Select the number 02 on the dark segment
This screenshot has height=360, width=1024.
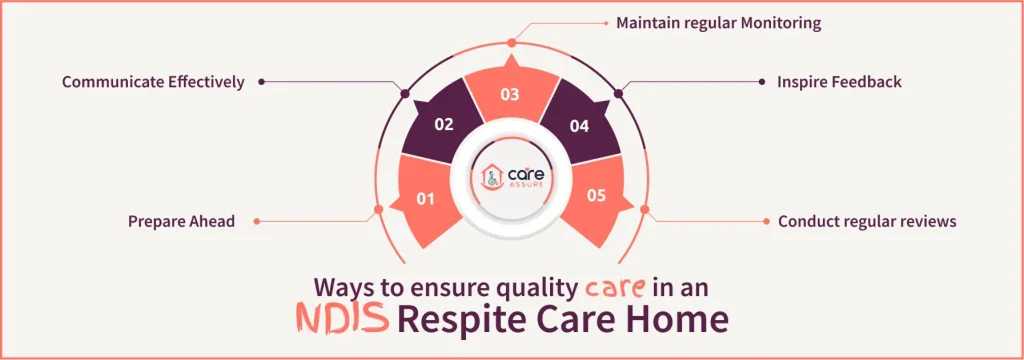click(x=446, y=125)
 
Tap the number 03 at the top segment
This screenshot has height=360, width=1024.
click(x=511, y=95)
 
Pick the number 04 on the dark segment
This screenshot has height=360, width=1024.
click(x=578, y=125)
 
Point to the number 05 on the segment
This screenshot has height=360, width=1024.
click(x=596, y=196)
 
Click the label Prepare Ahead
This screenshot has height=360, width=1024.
click(x=181, y=221)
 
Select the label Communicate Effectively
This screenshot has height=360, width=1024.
click(x=153, y=82)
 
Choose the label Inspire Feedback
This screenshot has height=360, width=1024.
click(x=839, y=82)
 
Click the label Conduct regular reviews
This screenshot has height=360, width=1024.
click(x=867, y=221)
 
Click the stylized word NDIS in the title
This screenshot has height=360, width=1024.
click(x=343, y=320)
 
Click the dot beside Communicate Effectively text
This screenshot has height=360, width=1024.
click(x=261, y=82)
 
